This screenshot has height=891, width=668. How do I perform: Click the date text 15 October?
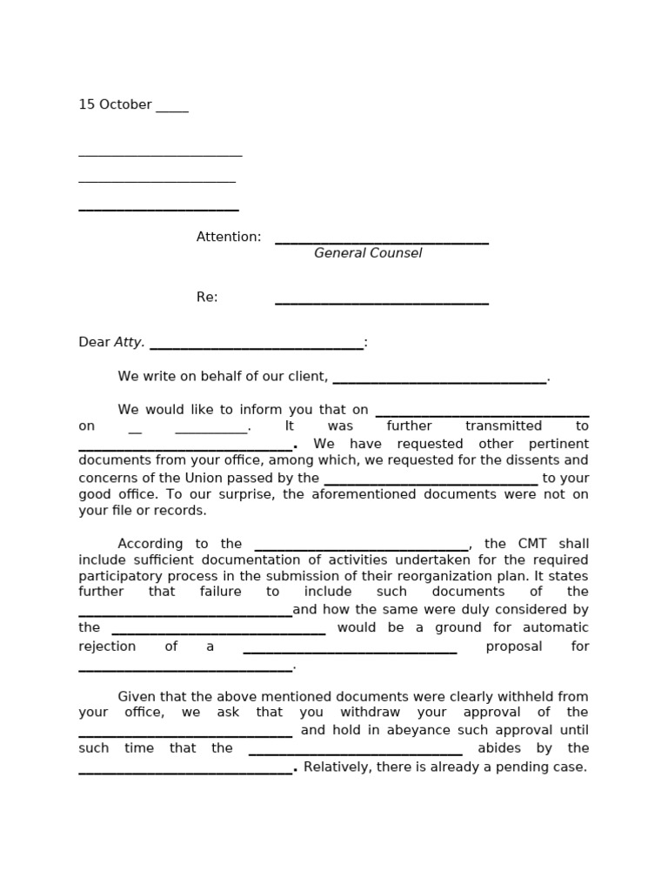tap(115, 104)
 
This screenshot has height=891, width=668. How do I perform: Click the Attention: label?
tap(229, 237)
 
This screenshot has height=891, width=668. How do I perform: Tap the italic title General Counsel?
tap(368, 253)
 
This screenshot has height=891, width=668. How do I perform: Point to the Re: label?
tap(207, 297)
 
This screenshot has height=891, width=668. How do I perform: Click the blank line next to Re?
tap(382, 302)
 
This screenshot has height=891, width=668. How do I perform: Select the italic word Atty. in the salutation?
tap(130, 342)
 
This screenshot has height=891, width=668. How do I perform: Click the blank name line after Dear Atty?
tap(257, 347)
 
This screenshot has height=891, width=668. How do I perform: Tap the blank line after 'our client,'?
tap(439, 381)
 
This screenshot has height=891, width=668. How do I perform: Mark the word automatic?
tap(552, 627)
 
